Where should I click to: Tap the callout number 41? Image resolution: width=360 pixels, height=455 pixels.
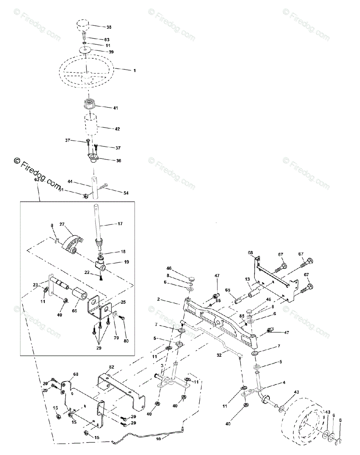(x=115, y=108)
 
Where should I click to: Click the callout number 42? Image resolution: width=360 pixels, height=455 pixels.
(x=117, y=129)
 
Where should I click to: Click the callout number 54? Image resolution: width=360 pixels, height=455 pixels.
(x=125, y=193)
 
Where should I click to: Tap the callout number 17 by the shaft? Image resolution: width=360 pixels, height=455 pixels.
(x=120, y=224)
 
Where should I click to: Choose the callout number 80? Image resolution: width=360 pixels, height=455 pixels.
(x=126, y=341)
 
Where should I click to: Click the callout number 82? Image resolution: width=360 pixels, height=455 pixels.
(x=111, y=367)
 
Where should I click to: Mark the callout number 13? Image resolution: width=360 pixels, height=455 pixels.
(x=247, y=279)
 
